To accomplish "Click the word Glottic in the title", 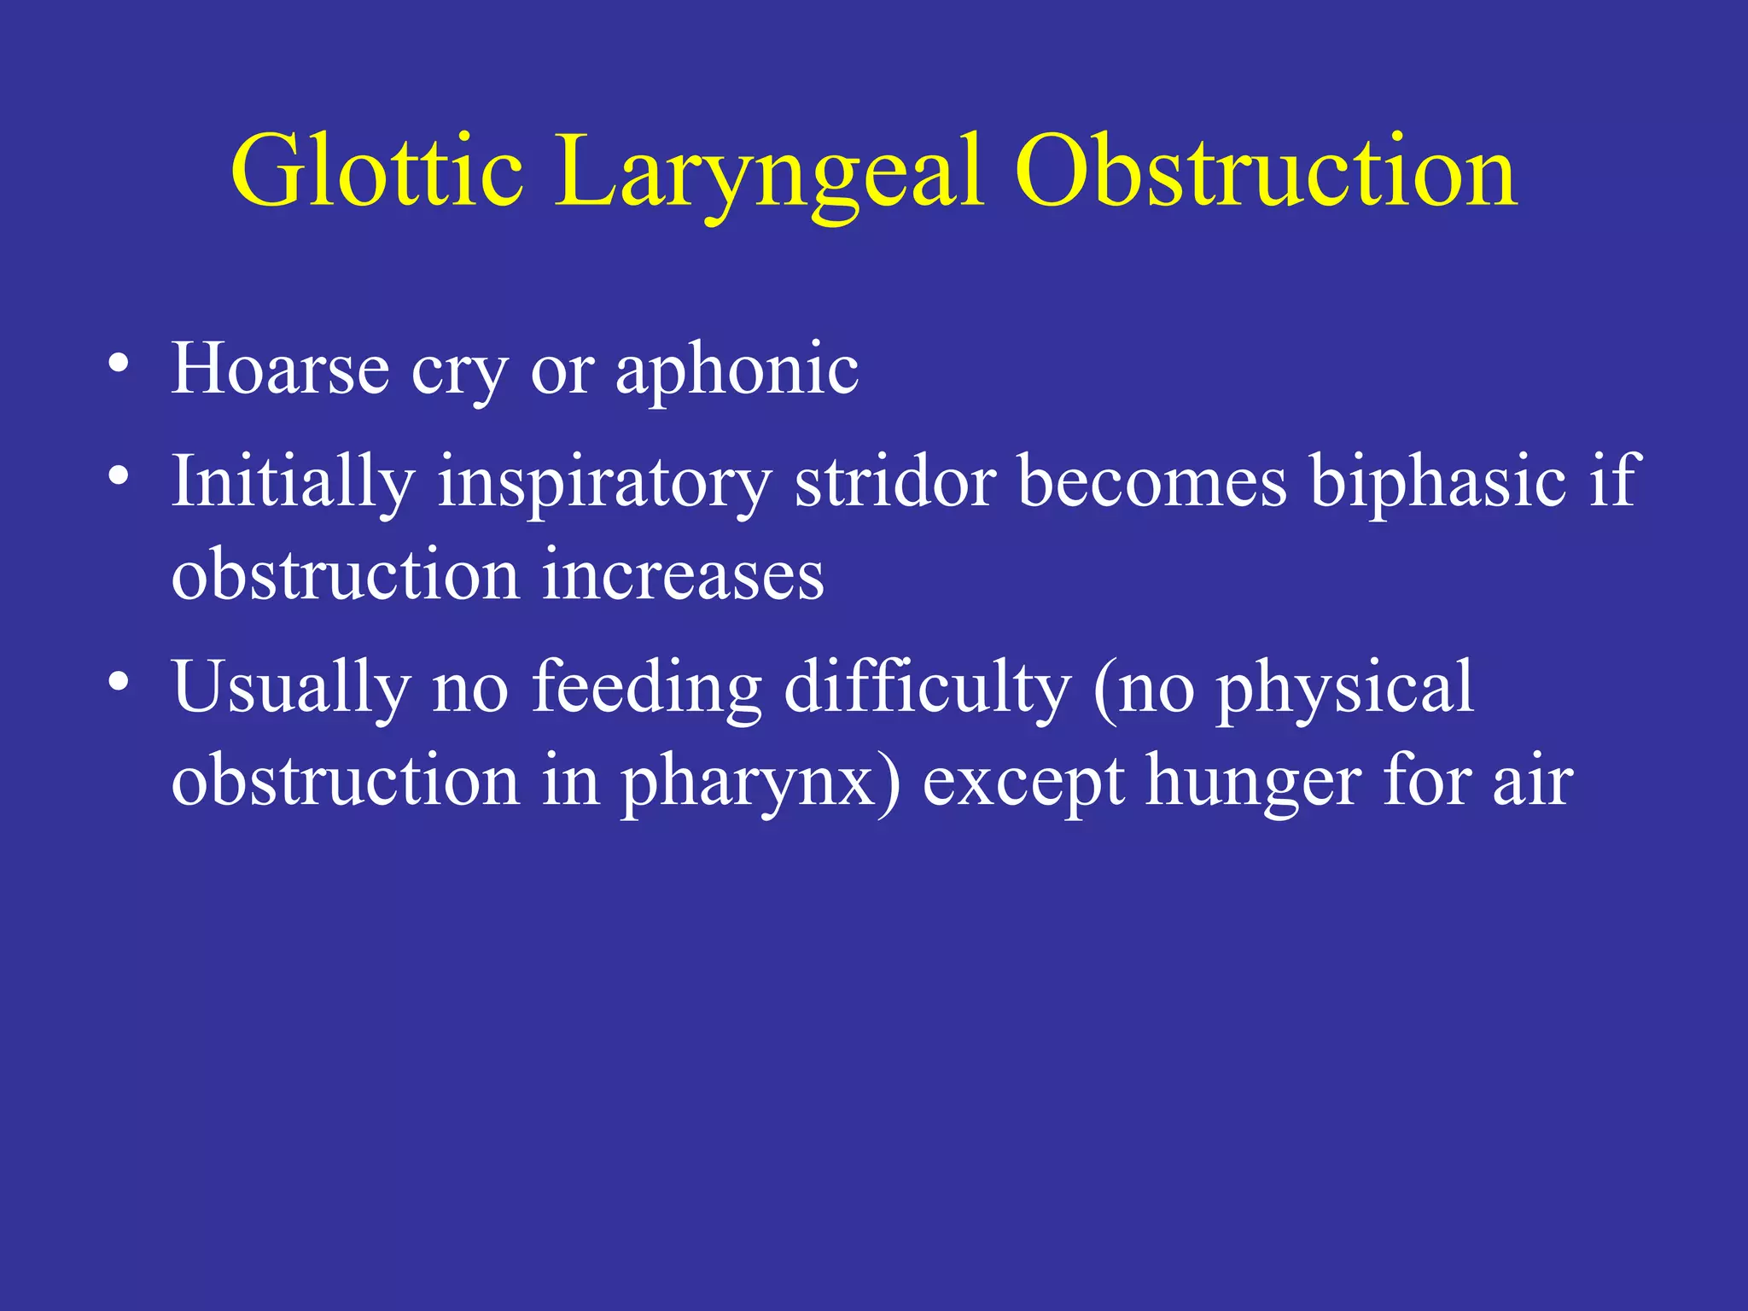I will [x=376, y=172].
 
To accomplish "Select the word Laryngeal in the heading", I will [x=771, y=172].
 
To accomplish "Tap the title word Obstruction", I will [x=1266, y=172].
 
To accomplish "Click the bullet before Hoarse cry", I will [x=119, y=366].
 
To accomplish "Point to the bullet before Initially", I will [x=119, y=475].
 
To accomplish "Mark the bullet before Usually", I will [x=119, y=682].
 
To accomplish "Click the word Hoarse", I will [x=280, y=369].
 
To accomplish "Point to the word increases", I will [x=683, y=575].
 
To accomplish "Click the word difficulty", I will [x=927, y=688].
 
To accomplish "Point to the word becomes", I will [x=1152, y=481].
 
